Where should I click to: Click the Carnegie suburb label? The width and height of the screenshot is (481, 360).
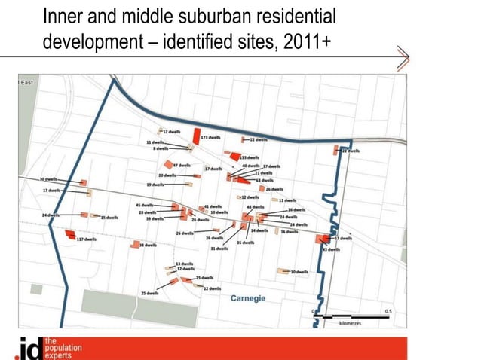(247, 298)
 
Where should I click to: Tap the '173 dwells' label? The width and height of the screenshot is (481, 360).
(210, 138)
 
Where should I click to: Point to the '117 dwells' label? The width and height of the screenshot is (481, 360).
(87, 239)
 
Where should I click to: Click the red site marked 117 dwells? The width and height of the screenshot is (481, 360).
(70, 234)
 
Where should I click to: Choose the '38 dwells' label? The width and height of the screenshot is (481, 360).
(148, 245)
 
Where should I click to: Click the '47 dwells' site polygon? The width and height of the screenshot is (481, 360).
(167, 165)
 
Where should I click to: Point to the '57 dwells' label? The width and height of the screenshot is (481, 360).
(343, 238)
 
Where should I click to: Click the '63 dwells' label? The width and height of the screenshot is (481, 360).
(264, 181)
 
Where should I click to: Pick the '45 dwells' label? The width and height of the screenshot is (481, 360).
(144, 205)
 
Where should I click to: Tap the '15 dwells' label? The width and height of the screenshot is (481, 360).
(109, 217)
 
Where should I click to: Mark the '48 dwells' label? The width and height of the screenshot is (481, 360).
(255, 206)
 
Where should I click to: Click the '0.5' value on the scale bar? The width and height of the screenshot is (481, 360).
(388, 310)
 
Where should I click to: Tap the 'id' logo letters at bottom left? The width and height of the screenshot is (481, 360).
(29, 349)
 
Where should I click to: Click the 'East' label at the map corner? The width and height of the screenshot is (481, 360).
(26, 81)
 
